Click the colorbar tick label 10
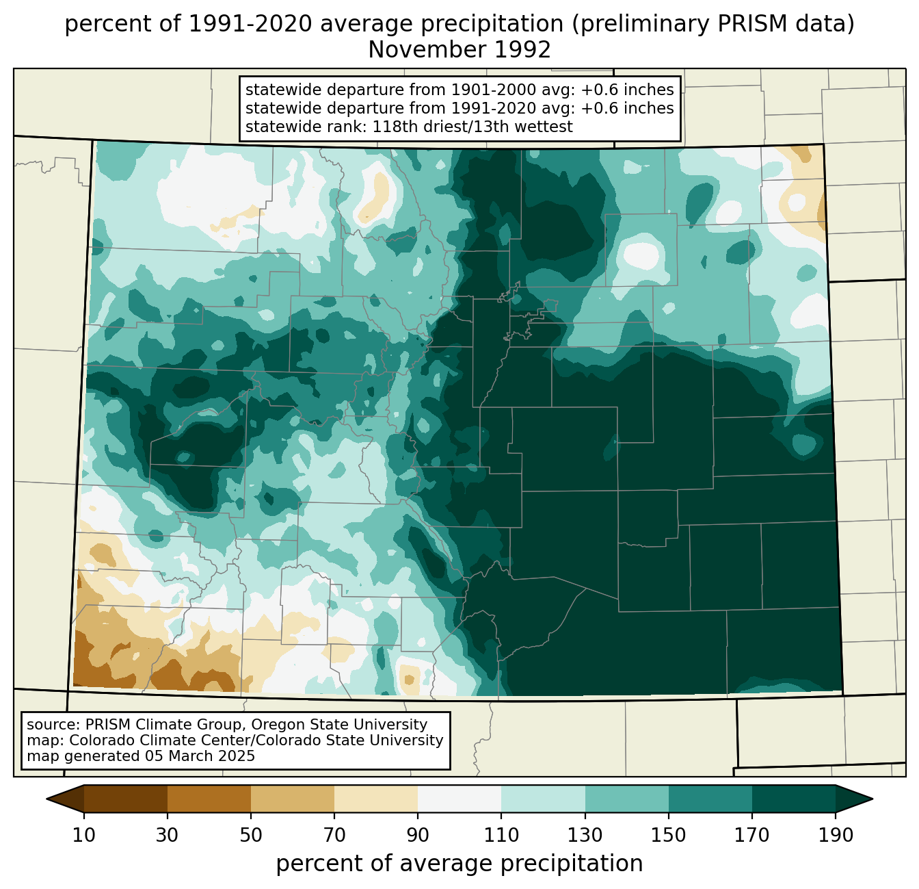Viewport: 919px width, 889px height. pos(83,836)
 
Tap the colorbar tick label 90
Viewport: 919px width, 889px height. pos(418,836)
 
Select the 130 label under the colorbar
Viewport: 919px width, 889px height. pos(585,836)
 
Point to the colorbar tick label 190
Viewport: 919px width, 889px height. pos(836,836)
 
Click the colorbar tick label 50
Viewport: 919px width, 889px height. pos(251,836)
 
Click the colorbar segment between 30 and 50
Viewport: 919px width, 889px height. pos(209,799)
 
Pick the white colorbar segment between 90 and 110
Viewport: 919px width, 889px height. pos(459,799)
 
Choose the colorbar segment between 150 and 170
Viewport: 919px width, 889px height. pos(710,799)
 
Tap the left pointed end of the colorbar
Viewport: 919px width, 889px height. pos(46,799)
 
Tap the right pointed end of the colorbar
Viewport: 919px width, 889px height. pos(873,799)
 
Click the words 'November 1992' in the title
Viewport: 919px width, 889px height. pos(459,50)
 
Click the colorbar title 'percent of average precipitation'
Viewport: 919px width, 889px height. pos(459,864)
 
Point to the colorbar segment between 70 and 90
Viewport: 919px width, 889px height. pos(376,799)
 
